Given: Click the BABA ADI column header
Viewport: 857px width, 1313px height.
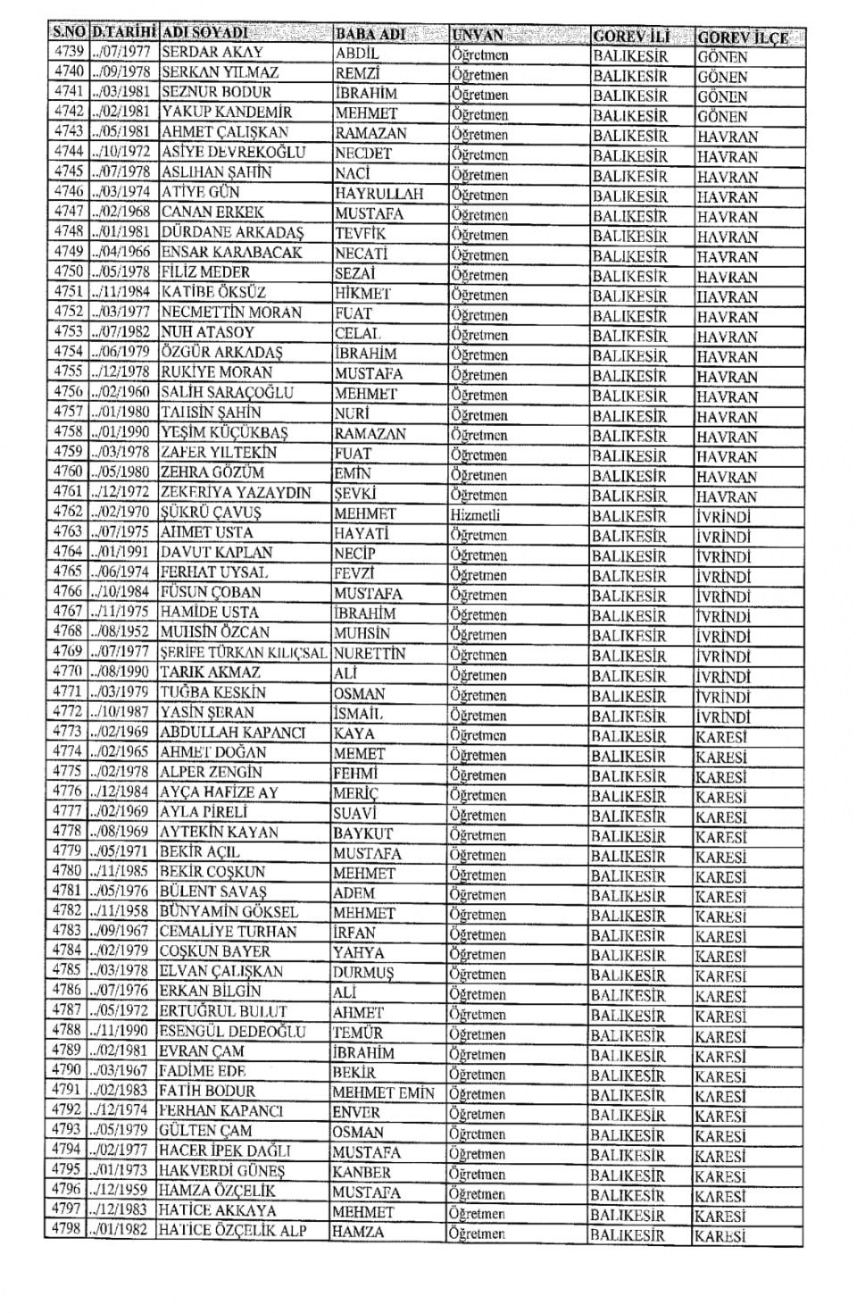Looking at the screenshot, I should pyautogui.click(x=370, y=34).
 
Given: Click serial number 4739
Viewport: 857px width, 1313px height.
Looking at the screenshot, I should pyautogui.click(x=69, y=52).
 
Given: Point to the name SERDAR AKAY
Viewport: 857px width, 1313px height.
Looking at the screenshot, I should pyautogui.click(x=212, y=53).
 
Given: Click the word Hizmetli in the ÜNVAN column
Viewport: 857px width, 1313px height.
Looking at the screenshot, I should pyautogui.click(x=475, y=514).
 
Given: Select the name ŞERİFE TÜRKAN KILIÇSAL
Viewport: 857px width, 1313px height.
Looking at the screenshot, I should pyautogui.click(x=244, y=653).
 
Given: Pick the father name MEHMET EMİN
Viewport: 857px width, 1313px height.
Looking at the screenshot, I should pyautogui.click(x=383, y=1092).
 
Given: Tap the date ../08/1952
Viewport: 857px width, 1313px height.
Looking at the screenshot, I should pyautogui.click(x=121, y=632).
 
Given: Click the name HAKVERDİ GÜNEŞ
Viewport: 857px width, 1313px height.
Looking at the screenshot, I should pyautogui.click(x=221, y=1171).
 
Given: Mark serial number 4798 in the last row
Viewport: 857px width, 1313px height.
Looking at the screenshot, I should pyautogui.click(x=66, y=1230).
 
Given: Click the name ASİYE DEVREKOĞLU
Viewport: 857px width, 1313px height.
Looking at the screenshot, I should pyautogui.click(x=233, y=152).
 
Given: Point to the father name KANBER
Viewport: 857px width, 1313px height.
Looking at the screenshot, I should pyautogui.click(x=362, y=1172).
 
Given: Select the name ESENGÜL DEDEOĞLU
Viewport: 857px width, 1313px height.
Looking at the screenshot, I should pyautogui.click(x=232, y=1032).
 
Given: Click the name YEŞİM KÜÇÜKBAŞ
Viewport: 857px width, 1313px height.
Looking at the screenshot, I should pyautogui.click(x=224, y=432).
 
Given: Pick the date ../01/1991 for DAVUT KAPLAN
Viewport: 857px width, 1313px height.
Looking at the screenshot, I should pyautogui.click(x=121, y=552).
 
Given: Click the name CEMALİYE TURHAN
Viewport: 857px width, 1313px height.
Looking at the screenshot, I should pyautogui.click(x=228, y=932).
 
